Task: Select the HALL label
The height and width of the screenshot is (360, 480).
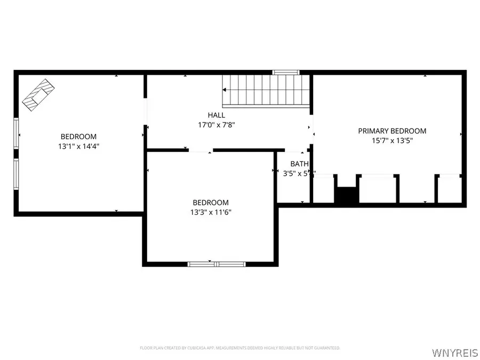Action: [216, 115]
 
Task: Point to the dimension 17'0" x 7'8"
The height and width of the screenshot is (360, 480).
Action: [216, 125]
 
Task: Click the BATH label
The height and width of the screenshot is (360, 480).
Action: [299, 164]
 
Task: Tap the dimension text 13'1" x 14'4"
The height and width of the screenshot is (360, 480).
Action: [78, 146]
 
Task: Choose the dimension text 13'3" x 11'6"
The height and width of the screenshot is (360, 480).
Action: [211, 212]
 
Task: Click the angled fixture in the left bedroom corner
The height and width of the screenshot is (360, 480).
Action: [38, 95]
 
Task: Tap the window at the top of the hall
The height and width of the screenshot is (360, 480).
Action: [286, 72]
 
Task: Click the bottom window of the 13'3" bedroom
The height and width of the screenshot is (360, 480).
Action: [217, 263]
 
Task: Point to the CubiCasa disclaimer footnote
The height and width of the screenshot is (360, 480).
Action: [239, 348]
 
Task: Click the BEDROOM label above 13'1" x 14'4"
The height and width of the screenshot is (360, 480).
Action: [78, 137]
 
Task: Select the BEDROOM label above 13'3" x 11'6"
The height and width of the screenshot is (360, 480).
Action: [211, 202]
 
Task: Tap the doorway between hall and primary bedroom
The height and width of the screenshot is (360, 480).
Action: [312, 128]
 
